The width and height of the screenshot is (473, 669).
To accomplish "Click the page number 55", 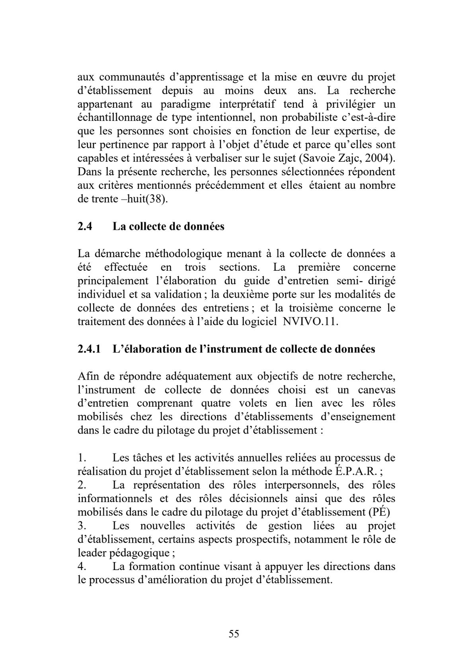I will (234, 634).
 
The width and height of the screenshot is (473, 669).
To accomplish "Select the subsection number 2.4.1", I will (89, 349).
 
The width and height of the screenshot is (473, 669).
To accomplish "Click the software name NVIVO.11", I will (310, 322).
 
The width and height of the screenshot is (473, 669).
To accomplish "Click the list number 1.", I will (82, 458).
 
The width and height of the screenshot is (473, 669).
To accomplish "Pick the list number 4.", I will (82, 566).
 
